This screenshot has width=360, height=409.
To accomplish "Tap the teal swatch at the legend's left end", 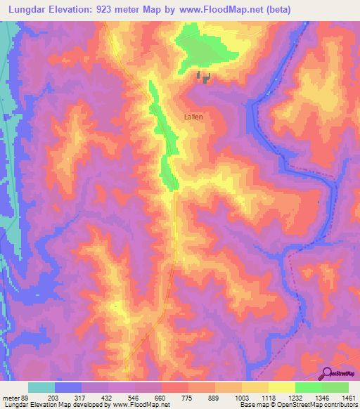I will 41,387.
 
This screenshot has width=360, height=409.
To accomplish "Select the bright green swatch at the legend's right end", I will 335,387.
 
